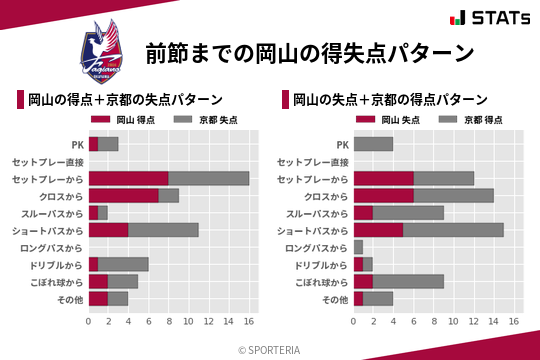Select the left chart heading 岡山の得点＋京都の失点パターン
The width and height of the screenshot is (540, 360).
point(125,99)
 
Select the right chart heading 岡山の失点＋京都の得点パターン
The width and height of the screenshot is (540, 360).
point(390,99)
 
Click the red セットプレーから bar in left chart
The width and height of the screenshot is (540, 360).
point(128,178)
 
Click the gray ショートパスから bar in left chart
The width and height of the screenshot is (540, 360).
point(163,230)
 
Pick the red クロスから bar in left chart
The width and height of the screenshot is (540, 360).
point(123,195)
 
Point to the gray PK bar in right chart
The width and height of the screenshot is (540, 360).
point(373,144)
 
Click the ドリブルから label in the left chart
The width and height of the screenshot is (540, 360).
point(59,264)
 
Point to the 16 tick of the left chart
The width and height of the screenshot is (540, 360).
point(249,321)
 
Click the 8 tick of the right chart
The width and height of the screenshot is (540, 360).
point(433,321)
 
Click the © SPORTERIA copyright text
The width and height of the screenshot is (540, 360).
point(270,349)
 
